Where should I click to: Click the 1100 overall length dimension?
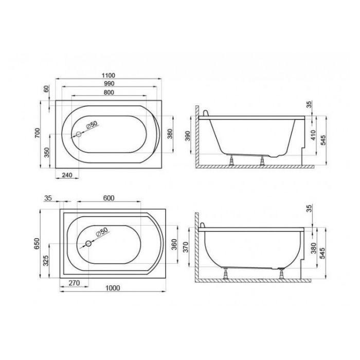coord(109,75)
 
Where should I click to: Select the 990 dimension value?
coord(109,83)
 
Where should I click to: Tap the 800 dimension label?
coord(109,92)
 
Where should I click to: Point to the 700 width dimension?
coord(38,133)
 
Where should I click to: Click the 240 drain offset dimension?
coord(67,175)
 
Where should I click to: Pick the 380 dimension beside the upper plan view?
coord(170,134)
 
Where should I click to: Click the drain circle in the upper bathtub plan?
coord(79,134)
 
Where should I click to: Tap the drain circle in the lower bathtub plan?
coord(88,244)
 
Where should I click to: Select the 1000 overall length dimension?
coord(113,288)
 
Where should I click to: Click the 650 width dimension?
coord(37,244)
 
